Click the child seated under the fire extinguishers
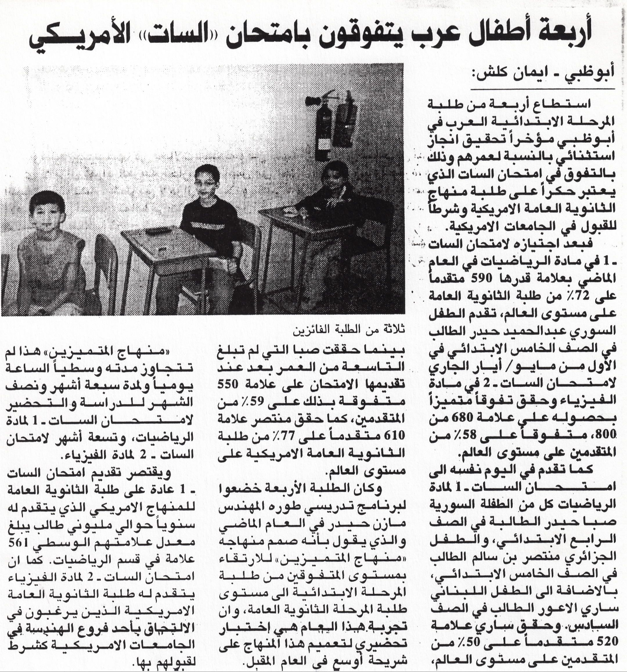click(x=334, y=196)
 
